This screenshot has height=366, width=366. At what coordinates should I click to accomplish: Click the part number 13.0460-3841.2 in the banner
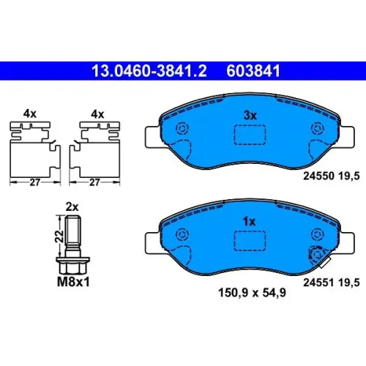pyautogui.click(x=149, y=71)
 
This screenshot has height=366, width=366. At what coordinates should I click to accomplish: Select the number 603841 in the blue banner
pyautogui.click(x=253, y=71)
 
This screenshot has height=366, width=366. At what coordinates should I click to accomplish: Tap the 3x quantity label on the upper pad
pyautogui.click(x=250, y=116)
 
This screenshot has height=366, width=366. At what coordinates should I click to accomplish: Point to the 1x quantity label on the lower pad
pyautogui.click(x=250, y=222)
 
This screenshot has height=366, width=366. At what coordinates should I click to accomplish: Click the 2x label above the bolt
pyautogui.click(x=72, y=207)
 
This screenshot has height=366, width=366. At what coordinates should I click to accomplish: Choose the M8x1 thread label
pyautogui.click(x=73, y=282)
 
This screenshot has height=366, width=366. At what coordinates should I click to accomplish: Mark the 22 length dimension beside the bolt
pyautogui.click(x=59, y=236)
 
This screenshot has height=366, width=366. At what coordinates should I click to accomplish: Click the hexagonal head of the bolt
pyautogui.click(x=73, y=265)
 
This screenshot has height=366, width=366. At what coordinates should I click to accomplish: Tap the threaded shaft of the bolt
pyautogui.click(x=73, y=230)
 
